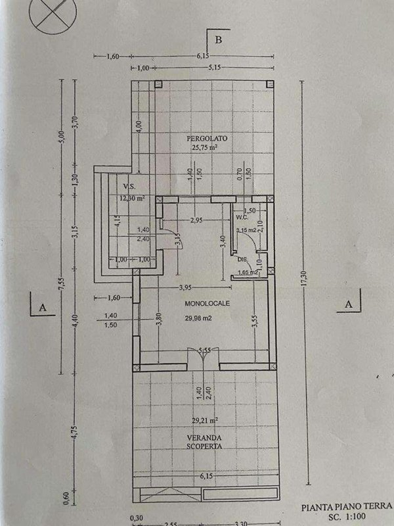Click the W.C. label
click(241, 217)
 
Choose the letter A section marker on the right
click(349, 304)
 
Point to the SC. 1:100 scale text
click(356, 518)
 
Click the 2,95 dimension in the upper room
click(195, 221)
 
